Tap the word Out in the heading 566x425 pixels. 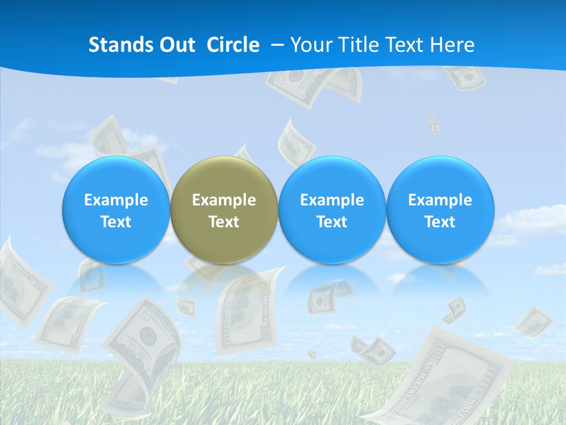[x=175, y=45]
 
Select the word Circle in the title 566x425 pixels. [x=233, y=45]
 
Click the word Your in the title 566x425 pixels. [x=310, y=45]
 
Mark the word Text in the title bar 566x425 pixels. [x=405, y=45]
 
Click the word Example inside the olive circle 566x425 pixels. [x=224, y=200]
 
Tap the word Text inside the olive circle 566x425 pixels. [x=224, y=222]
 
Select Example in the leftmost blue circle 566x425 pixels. [x=116, y=200]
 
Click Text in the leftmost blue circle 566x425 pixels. [x=116, y=222]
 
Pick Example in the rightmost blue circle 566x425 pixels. [x=440, y=200]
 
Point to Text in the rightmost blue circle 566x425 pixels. [x=440, y=222]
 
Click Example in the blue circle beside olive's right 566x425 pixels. [x=332, y=200]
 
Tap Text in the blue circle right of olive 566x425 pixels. [x=332, y=222]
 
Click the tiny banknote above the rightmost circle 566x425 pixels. [x=434, y=123]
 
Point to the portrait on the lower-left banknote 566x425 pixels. [x=145, y=336]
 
